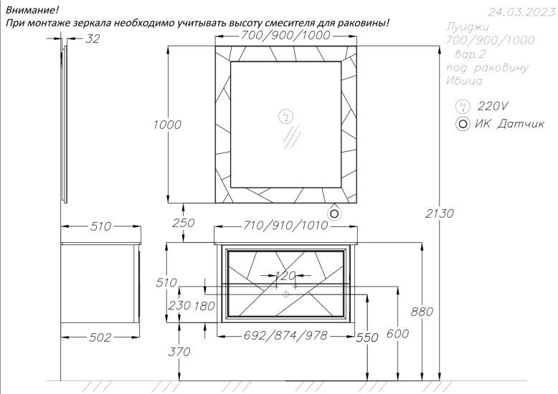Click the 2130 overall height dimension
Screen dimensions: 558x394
[x=440, y=213]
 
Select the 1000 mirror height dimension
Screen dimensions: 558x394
[x=167, y=125]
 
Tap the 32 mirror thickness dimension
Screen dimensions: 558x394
[x=93, y=39]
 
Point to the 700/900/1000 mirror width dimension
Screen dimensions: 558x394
[x=285, y=35]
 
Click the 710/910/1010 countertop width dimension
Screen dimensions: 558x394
[x=285, y=226]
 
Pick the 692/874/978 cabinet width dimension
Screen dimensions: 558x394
[x=285, y=335]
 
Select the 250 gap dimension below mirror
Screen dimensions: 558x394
[x=184, y=223]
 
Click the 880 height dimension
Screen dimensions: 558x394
[x=422, y=312]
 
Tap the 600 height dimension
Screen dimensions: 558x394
[x=397, y=334]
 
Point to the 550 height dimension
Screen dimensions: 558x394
[x=367, y=337]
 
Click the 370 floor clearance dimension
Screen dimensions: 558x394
[x=179, y=352]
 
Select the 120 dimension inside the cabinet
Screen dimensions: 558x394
[x=285, y=276]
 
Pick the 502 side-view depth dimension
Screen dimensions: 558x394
[x=100, y=337]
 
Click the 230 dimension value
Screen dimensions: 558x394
[x=179, y=305]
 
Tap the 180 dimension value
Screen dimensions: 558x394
[x=204, y=306]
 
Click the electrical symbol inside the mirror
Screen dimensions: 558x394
[x=285, y=117]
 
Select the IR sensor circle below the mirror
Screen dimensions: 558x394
[x=334, y=213]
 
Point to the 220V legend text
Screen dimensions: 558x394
[x=493, y=106]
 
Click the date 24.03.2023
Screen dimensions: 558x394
[x=521, y=12]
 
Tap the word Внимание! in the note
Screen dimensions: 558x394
[x=32, y=10]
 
